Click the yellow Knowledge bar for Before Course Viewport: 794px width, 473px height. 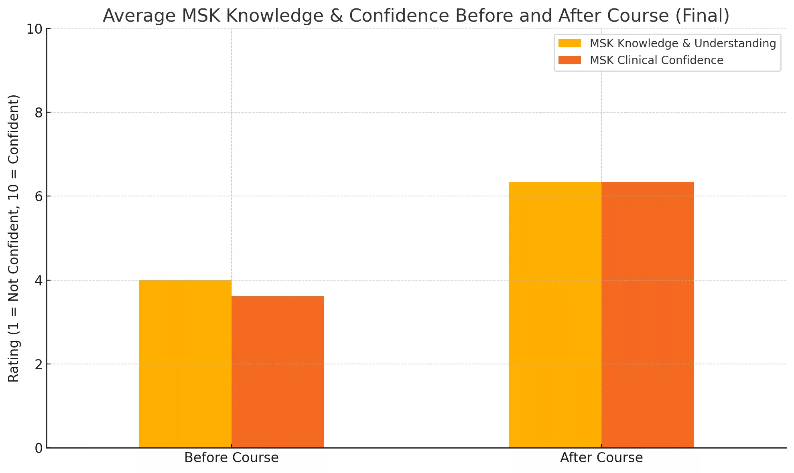click(185, 364)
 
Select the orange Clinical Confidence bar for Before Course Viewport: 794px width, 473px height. click(278, 372)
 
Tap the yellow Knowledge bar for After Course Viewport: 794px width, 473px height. click(555, 315)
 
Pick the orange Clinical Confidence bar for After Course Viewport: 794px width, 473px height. click(648, 315)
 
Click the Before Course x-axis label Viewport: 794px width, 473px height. click(231, 458)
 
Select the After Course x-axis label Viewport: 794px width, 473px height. click(601, 458)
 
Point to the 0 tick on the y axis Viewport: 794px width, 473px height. click(39, 448)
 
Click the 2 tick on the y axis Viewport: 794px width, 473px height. click(39, 364)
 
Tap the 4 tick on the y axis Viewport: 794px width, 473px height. click(39, 281)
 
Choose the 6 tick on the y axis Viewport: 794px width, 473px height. click(39, 196)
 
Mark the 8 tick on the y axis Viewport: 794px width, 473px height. click(39, 113)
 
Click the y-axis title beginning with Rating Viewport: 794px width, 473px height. click(14, 238)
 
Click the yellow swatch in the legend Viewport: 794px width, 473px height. click(570, 43)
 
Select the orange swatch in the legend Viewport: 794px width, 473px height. click(570, 60)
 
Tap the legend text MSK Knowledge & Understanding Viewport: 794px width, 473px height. click(683, 43)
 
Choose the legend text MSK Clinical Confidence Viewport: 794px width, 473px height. click(656, 60)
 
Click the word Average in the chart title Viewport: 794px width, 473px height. click(139, 16)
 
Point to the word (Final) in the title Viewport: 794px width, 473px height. click(703, 16)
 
